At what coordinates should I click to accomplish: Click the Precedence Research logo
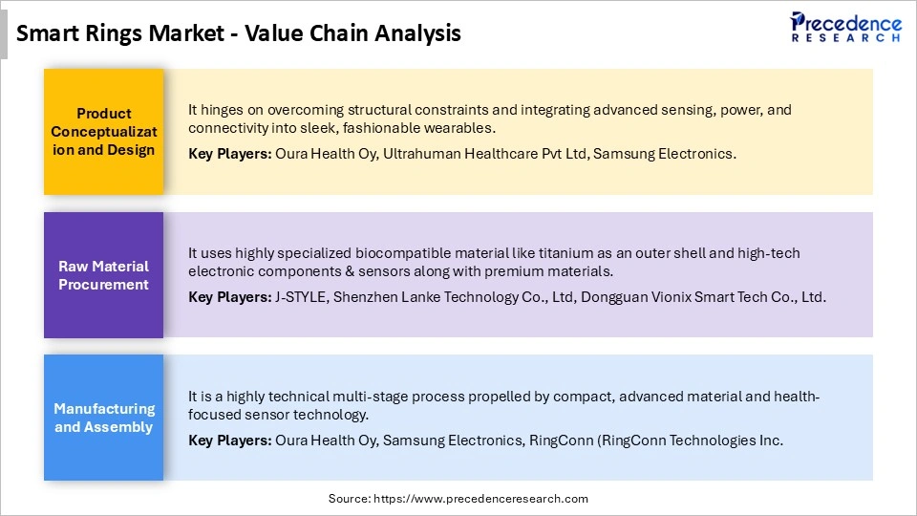845,27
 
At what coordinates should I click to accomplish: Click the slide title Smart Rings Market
239,33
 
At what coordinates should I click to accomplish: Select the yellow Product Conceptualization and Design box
104,132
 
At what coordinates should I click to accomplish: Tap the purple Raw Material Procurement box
104,275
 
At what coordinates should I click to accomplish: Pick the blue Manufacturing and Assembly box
104,418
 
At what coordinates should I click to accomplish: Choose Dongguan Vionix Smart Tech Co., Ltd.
699,297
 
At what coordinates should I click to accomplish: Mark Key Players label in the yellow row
229,153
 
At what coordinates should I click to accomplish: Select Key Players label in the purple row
229,297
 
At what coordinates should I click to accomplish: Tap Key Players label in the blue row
229,441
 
